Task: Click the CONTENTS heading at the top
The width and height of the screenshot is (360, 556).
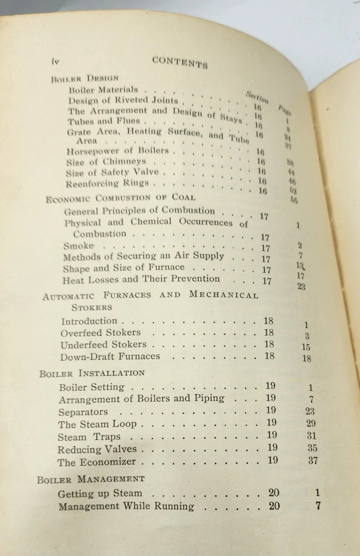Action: [180, 62]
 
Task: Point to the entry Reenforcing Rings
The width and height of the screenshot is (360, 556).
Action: [107, 183]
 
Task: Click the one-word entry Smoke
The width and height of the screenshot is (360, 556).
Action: [78, 245]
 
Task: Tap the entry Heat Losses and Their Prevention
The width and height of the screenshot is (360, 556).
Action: [141, 279]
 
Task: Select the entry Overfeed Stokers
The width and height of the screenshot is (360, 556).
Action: [101, 332]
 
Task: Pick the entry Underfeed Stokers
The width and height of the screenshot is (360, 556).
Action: [103, 345]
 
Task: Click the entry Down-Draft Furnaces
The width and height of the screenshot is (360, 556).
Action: [110, 356]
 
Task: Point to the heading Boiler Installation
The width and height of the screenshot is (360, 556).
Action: [92, 373]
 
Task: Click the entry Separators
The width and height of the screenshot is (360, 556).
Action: [83, 412]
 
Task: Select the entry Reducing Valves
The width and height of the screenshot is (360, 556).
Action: [97, 449]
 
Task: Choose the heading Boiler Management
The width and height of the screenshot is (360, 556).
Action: [91, 479]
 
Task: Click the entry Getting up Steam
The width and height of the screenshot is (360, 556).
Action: [100, 493]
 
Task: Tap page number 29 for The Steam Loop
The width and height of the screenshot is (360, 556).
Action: [310, 424]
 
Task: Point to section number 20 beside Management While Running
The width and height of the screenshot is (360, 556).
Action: [274, 506]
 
